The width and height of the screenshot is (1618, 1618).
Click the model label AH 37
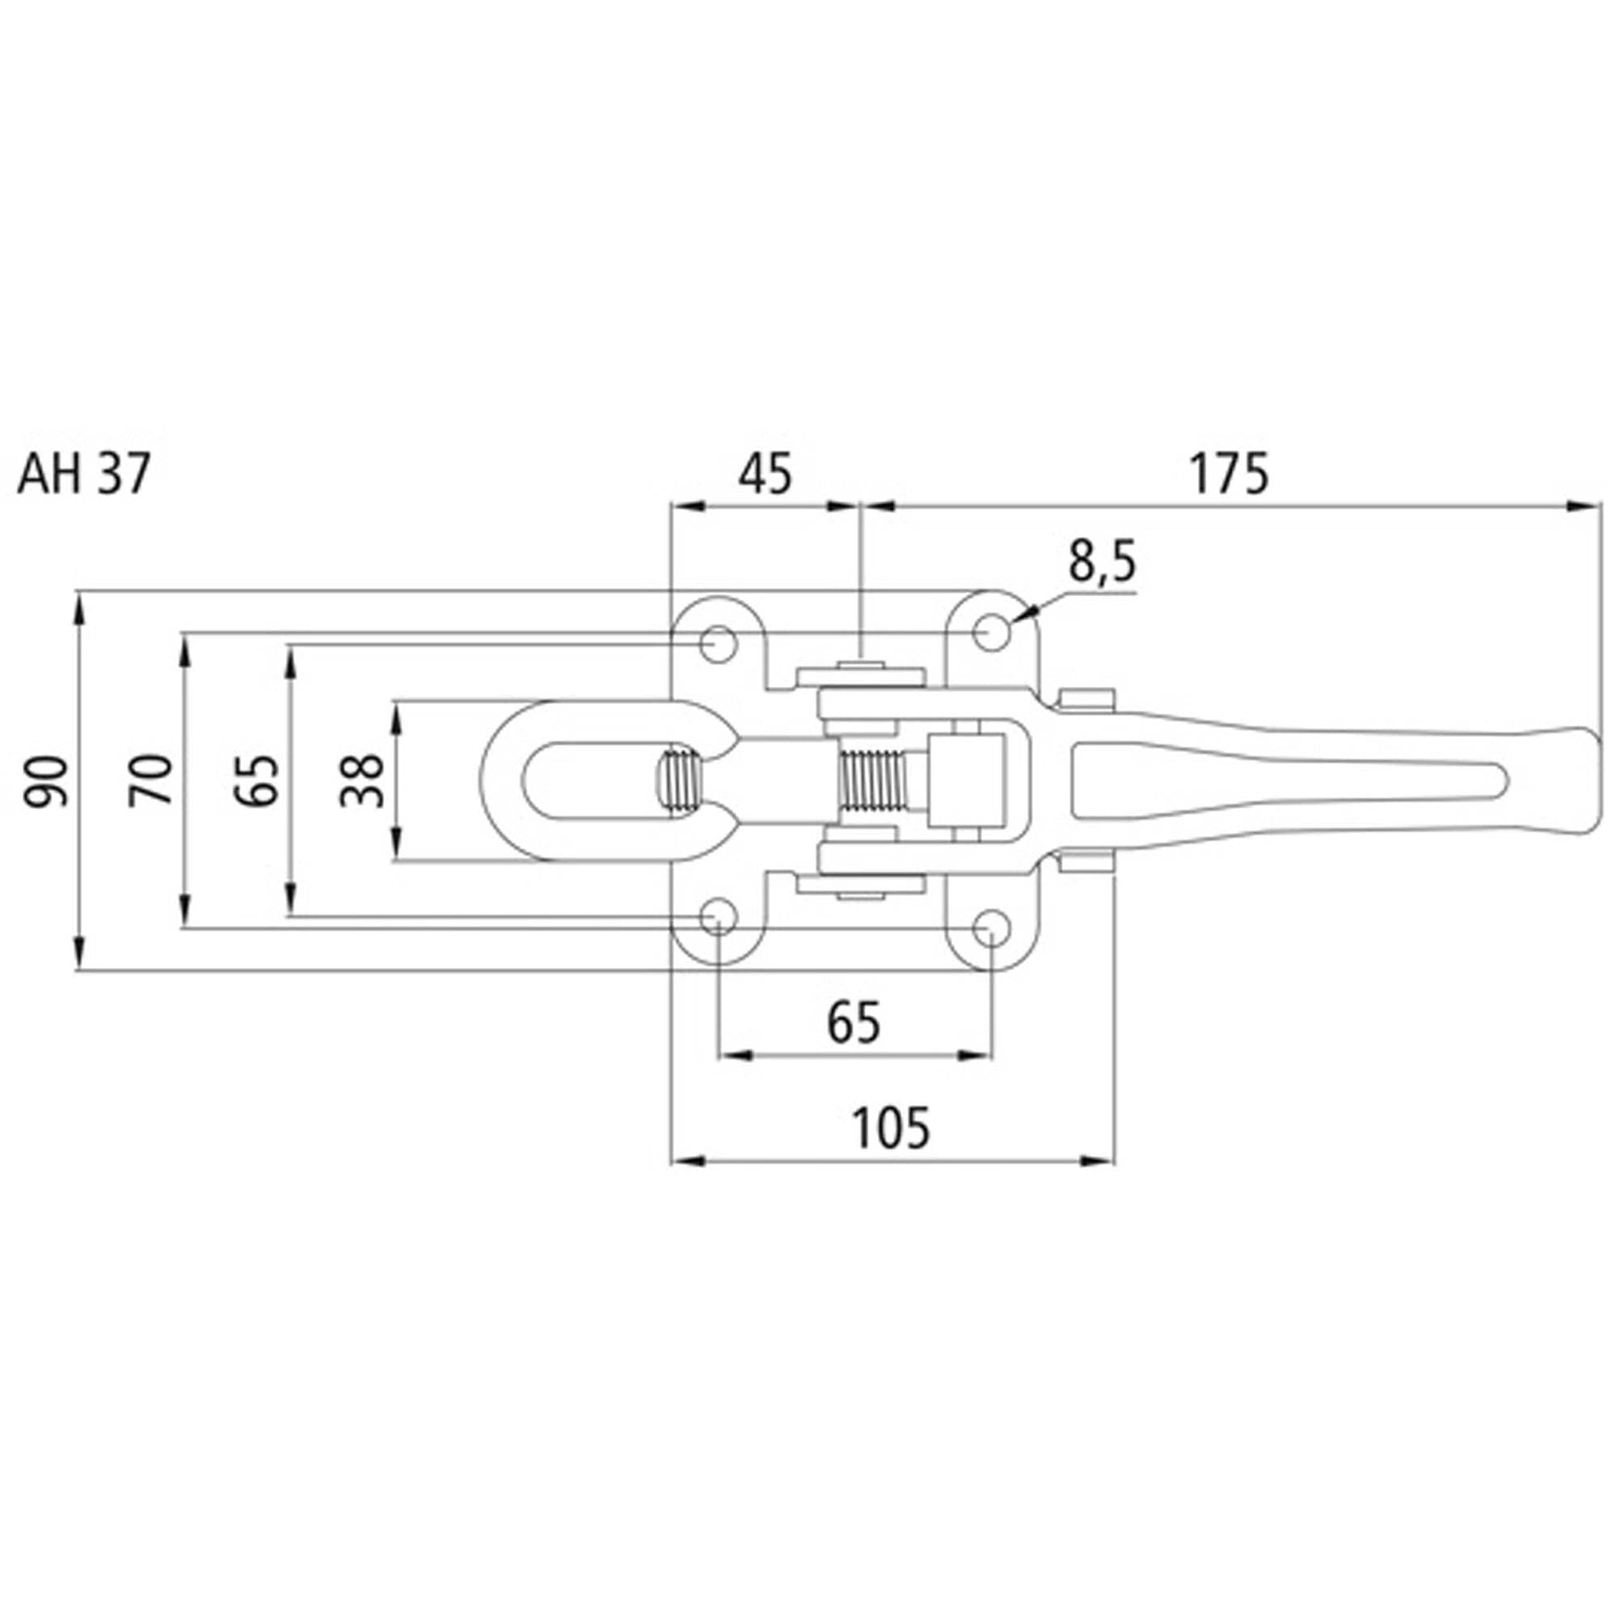[84, 476]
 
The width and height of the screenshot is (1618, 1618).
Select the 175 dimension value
[1231, 474]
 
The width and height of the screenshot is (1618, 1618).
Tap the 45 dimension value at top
[764, 474]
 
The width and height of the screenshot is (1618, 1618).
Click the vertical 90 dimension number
[45, 780]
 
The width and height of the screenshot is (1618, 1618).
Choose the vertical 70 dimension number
[150, 780]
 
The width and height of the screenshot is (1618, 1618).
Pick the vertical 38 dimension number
[362, 780]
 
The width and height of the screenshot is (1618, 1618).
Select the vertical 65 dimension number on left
[255, 780]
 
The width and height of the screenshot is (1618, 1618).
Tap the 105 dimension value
[890, 1128]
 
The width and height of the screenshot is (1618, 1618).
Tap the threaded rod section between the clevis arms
[871, 781]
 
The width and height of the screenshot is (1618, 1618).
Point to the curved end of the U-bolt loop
[506, 781]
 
